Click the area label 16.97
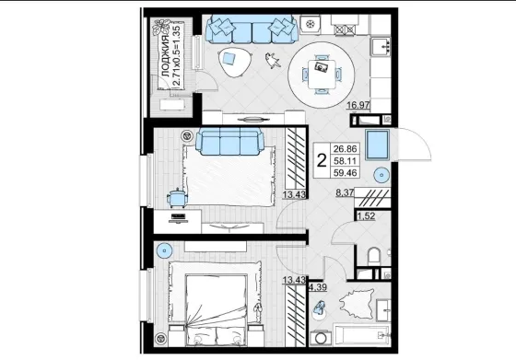click(358, 105)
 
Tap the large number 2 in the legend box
click(322, 160)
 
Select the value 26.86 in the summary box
click(345, 148)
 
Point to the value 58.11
click(345, 161)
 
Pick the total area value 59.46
click(345, 172)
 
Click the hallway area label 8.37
click(345, 192)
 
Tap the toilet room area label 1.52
click(367, 216)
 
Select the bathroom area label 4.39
click(318, 287)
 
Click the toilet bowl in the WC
click(374, 256)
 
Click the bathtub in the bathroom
click(362, 335)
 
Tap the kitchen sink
click(381, 46)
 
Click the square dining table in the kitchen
click(322, 75)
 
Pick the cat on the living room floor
click(273, 61)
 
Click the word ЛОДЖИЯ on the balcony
click(166, 56)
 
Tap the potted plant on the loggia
click(161, 28)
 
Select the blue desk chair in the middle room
click(177, 198)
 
